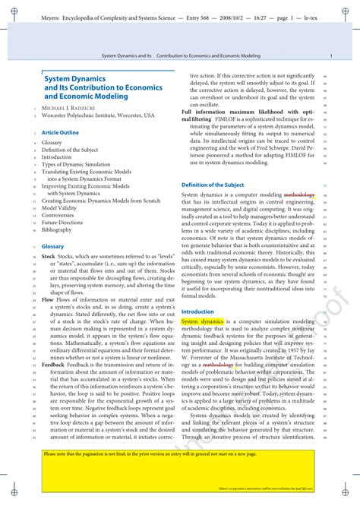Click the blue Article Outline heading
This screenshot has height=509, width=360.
click(x=60, y=132)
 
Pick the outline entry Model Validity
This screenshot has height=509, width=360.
click(x=59, y=207)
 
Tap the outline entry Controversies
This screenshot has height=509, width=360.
click(x=58, y=215)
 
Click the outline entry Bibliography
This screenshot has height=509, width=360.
click(x=57, y=229)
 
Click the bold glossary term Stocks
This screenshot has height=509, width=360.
click(x=49, y=258)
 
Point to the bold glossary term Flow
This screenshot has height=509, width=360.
click(x=48, y=300)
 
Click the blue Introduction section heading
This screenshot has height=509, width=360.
click(x=197, y=311)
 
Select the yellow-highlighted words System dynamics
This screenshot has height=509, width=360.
click(x=202, y=322)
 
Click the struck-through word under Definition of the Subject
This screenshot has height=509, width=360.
click(x=298, y=195)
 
